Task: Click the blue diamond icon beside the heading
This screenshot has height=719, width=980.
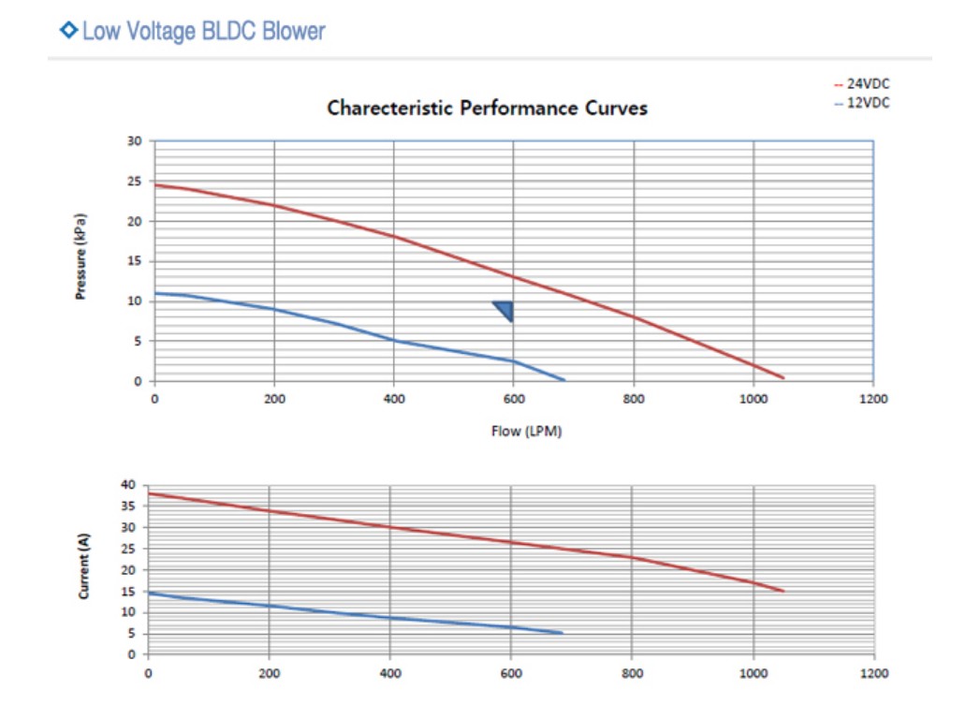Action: point(68,31)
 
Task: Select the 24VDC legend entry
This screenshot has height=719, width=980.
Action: point(868,84)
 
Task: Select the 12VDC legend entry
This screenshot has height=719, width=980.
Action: point(868,103)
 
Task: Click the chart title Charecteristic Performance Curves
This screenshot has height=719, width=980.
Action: point(487,108)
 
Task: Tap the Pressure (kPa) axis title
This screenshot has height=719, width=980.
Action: point(81,258)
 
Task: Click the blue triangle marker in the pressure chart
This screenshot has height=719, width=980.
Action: point(505,310)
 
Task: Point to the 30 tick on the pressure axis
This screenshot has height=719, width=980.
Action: point(135,141)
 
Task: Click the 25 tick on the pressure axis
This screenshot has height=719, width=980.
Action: point(135,182)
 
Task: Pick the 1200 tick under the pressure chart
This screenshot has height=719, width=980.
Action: point(872,399)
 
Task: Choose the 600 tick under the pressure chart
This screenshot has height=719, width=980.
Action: point(514,399)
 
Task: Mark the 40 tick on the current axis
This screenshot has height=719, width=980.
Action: point(130,485)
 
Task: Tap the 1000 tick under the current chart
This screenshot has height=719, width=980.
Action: point(753,672)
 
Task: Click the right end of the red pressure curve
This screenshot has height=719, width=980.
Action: point(783,377)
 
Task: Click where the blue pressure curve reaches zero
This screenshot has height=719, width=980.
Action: point(563,379)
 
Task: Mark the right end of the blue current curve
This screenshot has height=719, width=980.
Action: point(562,633)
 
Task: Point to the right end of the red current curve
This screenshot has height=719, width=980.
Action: point(783,591)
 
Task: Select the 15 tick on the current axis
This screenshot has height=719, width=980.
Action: point(130,591)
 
